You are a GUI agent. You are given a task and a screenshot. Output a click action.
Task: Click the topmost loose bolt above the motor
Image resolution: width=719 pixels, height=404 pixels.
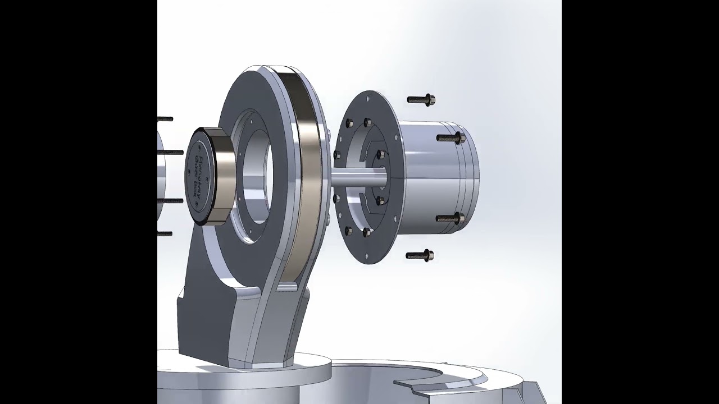tap(421, 100)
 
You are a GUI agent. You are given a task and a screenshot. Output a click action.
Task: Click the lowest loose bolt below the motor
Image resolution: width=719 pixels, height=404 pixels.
tap(420, 256)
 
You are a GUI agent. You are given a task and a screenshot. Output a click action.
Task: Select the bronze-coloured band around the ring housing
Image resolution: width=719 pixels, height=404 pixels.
tap(306, 174)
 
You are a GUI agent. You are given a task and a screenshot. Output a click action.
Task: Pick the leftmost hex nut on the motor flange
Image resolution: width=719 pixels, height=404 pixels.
tap(337, 155)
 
